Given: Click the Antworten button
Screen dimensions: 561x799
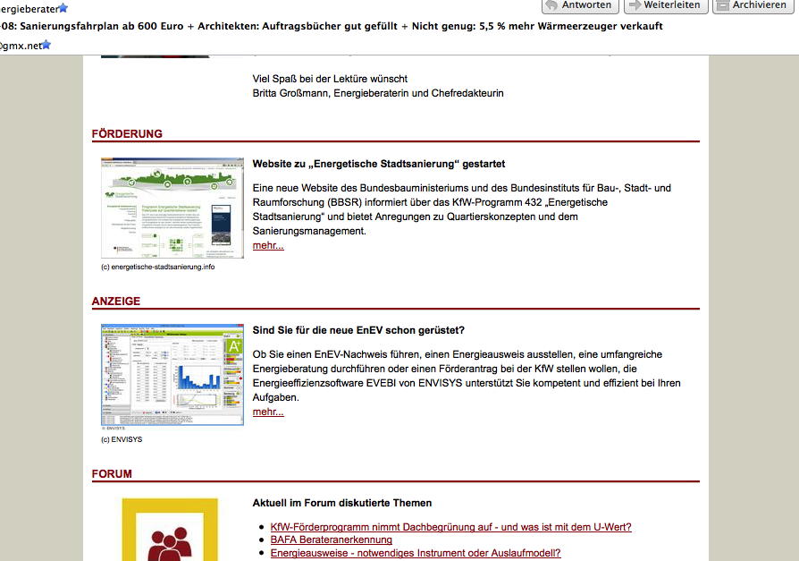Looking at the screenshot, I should coord(577,5).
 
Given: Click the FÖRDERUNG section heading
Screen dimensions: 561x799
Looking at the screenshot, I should coord(127,134).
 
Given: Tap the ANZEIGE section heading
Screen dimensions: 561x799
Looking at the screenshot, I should coord(116,302).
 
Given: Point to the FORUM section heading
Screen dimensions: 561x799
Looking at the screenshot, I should coord(112,474).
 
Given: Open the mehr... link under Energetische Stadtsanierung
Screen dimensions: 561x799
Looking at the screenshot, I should coord(268,245).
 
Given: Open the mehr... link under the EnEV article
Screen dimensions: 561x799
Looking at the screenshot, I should coord(268,412).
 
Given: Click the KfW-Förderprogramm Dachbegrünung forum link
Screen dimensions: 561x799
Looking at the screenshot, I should coord(450,527).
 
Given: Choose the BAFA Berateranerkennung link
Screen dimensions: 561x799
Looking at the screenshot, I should coord(331,540).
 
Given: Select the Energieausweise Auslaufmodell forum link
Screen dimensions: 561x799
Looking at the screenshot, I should coord(415,553).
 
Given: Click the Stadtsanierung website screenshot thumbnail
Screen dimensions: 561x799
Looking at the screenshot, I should coord(172,208).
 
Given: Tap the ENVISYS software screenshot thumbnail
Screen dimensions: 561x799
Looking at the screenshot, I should coord(172,375).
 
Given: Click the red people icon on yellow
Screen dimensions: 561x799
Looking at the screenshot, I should coord(170,534).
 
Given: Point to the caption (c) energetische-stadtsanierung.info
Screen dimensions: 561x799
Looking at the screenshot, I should coord(158,267).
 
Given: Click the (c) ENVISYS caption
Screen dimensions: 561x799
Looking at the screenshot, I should coord(122,439).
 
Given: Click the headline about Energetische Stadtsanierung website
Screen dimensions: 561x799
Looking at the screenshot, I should coord(379,165).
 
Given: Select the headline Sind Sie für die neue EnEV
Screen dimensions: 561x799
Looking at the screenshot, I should coord(358,330).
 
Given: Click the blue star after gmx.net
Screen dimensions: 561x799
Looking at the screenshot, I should coord(46,45).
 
